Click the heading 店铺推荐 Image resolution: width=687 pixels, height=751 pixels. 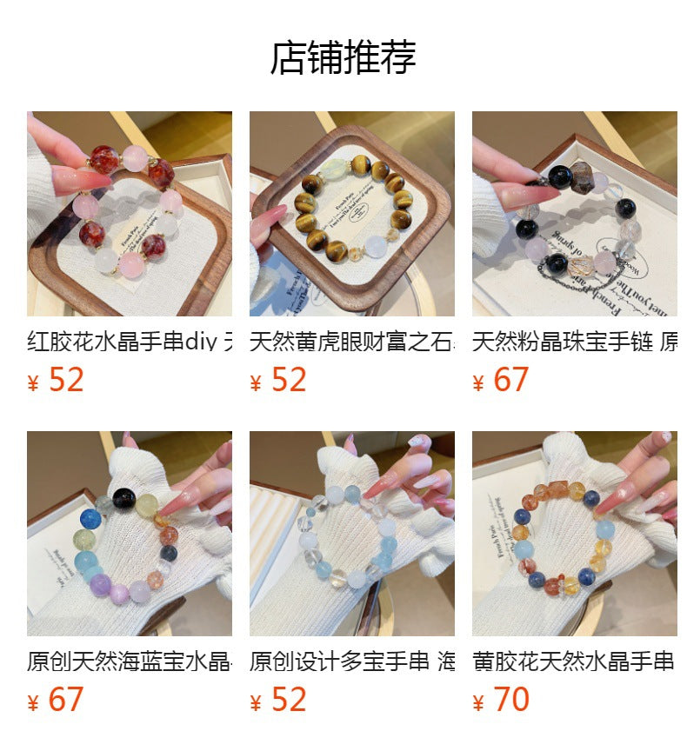[343, 57]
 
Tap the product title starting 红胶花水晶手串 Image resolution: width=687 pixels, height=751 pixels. [130, 342]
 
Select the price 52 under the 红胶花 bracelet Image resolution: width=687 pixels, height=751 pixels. [66, 381]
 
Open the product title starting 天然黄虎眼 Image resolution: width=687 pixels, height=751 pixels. [351, 342]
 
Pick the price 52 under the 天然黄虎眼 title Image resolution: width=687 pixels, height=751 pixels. [289, 381]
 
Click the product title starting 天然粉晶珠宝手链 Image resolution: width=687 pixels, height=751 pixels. [574, 342]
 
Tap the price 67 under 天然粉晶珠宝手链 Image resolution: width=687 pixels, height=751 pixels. [511, 381]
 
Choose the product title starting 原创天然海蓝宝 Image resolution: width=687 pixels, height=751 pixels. [130, 661]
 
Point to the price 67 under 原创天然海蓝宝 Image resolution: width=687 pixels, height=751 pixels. [66, 700]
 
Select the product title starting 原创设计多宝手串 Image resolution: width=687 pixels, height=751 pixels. [351, 661]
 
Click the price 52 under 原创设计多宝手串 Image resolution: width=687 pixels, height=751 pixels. [289, 700]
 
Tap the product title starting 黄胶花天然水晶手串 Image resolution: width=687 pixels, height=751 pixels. [574, 661]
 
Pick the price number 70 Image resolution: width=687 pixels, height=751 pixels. [511, 700]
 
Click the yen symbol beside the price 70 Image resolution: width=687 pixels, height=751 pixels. [477, 702]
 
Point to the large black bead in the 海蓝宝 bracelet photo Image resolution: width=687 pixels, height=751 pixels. [123, 498]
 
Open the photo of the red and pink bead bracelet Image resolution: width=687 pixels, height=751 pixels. [130, 213]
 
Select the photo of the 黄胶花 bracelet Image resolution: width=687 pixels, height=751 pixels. [574, 534]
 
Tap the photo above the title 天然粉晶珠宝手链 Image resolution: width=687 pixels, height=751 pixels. [574, 213]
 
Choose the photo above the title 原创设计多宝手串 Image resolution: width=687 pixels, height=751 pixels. [351, 534]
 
